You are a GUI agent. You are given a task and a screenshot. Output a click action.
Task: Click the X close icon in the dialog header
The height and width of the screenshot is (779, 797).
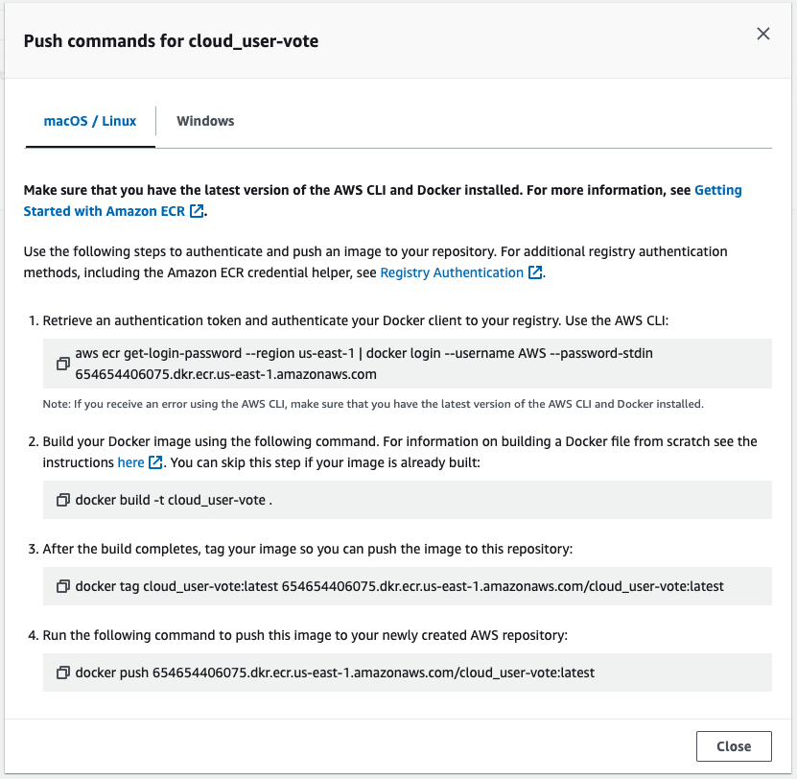[763, 34]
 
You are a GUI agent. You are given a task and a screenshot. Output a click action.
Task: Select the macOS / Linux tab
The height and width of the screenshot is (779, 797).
[90, 121]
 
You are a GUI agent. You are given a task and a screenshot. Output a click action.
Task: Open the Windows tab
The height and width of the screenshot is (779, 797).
[205, 121]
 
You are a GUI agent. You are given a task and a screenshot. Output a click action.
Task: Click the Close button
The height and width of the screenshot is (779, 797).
[733, 746]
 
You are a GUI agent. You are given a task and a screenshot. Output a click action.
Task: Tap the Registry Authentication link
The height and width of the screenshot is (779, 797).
[452, 272]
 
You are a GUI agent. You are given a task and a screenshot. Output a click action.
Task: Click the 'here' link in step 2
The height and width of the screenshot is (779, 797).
[130, 462]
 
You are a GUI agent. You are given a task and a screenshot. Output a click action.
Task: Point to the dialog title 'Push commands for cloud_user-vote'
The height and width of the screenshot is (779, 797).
[171, 41]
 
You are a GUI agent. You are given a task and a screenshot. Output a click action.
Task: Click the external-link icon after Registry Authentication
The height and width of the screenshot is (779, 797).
[535, 273]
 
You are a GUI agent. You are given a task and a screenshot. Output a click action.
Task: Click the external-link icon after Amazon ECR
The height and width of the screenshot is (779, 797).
[197, 211]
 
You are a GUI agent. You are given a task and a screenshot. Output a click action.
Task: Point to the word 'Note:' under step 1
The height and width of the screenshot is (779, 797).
[56, 404]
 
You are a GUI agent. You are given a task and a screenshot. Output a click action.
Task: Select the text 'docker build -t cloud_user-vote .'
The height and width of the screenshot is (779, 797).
[174, 500]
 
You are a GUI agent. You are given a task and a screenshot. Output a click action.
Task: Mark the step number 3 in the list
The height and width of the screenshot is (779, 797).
[33, 549]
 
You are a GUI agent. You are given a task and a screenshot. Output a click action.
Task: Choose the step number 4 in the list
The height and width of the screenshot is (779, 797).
[33, 635]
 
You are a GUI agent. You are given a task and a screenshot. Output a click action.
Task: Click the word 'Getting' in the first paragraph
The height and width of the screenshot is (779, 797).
[717, 190]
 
